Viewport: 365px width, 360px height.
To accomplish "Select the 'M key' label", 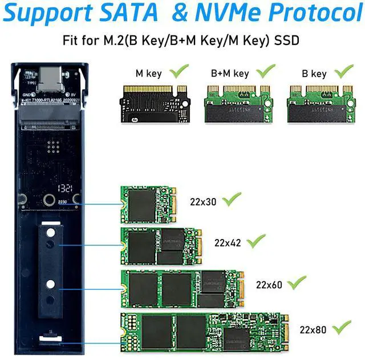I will pyautogui.click(x=148, y=74).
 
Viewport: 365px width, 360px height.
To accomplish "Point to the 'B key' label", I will pyautogui.click(x=314, y=74).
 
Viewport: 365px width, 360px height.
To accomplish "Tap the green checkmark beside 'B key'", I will pyautogui.click(x=343, y=71).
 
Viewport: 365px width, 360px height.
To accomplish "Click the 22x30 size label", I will pyautogui.click(x=204, y=201).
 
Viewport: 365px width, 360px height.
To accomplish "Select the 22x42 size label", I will pyautogui.click(x=228, y=242).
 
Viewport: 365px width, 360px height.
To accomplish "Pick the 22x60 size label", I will pyautogui.click(x=269, y=284).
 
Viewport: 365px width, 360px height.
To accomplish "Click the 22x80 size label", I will pyautogui.click(x=313, y=329).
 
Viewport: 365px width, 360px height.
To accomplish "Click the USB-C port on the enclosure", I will pyautogui.click(x=48, y=77).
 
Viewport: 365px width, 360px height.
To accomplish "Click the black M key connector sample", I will pyautogui.click(x=153, y=103).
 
